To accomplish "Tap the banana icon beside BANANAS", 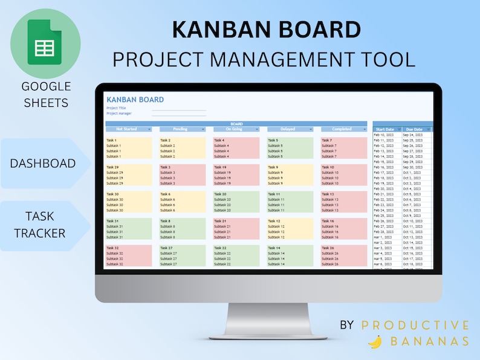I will coord(375,341).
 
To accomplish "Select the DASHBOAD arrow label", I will coord(43,164).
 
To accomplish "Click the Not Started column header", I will coord(126,129).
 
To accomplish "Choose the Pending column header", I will coord(180,129).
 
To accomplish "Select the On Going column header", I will coord(234,129).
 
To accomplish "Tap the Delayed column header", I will coord(288,129).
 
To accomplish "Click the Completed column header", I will coord(342,129).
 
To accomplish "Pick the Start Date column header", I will coord(385,129).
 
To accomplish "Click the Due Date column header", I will coord(414,129).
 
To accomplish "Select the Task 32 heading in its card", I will coord(113,248).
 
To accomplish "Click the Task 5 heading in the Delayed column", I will coord(273,140).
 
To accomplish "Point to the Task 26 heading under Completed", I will coord(328,248).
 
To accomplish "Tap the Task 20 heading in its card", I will coord(220,194).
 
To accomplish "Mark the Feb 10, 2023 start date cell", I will coord(383,135).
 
